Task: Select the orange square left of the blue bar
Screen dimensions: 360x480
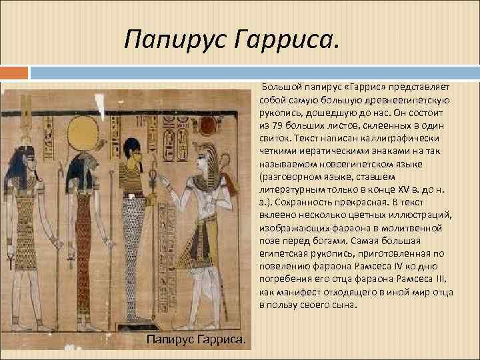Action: coord(14,72)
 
